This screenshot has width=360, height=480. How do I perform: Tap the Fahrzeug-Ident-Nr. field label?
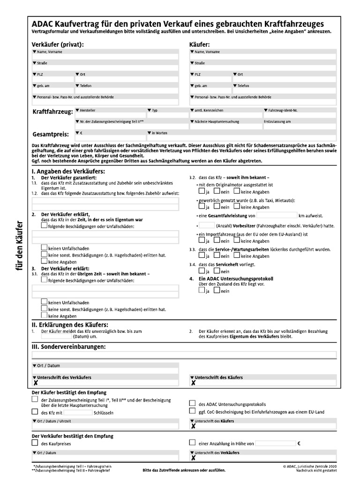click(x=283, y=110)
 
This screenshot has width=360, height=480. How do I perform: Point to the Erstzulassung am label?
click(x=277, y=121)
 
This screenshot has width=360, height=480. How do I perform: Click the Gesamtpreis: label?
click(x=51, y=134)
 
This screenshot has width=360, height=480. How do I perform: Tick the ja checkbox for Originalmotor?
click(x=201, y=192)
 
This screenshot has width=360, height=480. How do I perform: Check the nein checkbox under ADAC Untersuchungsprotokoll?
click(x=217, y=291)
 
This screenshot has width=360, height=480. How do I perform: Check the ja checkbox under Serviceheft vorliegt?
click(x=201, y=271)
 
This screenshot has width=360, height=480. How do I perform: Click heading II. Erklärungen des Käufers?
click(x=70, y=324)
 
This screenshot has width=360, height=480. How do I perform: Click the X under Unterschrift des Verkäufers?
click(x=35, y=383)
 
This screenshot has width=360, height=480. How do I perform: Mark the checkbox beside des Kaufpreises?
click(x=35, y=442)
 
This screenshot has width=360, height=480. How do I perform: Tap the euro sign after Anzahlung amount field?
click(x=298, y=443)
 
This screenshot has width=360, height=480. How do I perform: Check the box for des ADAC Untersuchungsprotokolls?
click(x=192, y=403)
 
